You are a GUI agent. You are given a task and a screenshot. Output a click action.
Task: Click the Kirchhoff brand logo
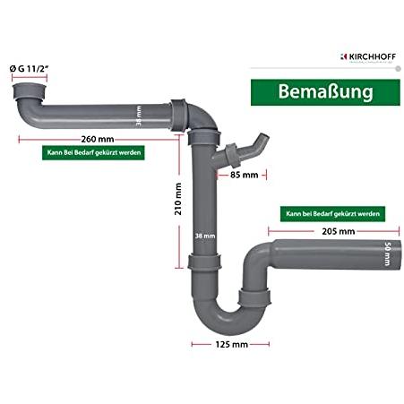368,57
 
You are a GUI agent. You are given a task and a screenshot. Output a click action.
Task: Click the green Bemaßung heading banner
325,92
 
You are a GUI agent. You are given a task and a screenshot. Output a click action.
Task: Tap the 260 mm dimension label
98,139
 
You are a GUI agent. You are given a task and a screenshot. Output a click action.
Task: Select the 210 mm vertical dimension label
178,199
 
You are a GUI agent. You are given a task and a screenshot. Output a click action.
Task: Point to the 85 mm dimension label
244,175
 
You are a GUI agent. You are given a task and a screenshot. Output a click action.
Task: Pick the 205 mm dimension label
339,231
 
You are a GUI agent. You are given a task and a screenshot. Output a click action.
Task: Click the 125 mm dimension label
232,345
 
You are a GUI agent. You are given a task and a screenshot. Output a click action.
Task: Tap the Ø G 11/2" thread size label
29,69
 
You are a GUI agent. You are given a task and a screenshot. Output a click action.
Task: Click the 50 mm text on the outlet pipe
387,254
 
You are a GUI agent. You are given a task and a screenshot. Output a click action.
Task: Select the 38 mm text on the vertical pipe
205,236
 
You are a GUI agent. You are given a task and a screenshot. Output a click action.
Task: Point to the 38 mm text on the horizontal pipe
139,116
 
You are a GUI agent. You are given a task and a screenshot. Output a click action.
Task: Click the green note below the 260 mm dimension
93,152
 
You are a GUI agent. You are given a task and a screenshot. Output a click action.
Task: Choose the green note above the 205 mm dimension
332,214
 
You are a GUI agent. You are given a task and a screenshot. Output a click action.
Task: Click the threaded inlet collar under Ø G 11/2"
30,92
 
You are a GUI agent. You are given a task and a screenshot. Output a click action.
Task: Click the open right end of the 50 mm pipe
399,254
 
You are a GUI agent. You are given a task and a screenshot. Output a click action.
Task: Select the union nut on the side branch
232,156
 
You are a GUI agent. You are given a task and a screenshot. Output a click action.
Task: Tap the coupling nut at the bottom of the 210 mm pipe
204,262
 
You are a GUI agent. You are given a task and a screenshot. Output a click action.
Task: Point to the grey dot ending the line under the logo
398,69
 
